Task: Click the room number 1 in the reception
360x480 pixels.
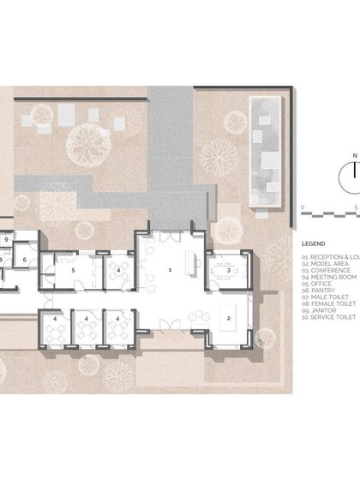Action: pos(170,269)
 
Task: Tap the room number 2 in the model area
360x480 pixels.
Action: pos(229,318)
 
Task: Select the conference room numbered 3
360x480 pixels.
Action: pos(228,270)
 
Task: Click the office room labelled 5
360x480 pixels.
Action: pos(74,270)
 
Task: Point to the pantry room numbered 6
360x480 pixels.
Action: pos(24,258)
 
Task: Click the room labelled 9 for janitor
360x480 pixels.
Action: pos(6,239)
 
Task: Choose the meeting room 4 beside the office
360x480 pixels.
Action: pos(117,270)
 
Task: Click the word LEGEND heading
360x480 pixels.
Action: pos(315,243)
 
